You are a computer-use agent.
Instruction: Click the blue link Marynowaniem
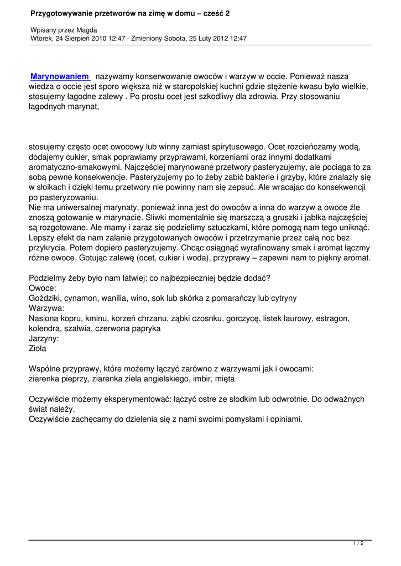click(x=60, y=76)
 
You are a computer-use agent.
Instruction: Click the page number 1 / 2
click(x=358, y=544)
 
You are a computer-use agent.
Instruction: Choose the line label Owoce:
click(x=42, y=288)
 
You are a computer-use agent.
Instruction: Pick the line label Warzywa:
click(x=46, y=308)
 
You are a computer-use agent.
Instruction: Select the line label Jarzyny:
click(x=44, y=338)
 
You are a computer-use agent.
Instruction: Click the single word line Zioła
click(x=38, y=348)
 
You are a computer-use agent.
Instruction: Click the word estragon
click(x=331, y=318)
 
